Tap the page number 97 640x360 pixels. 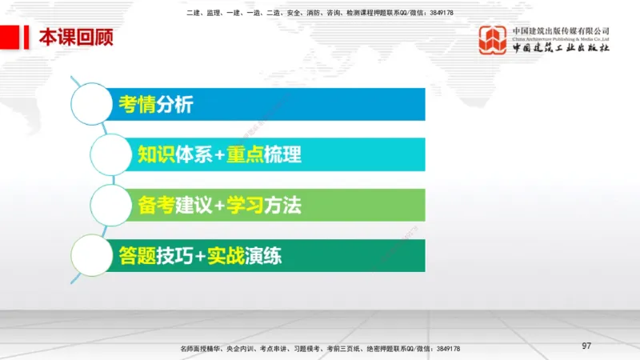tap(586, 345)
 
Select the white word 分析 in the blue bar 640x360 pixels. tap(174, 105)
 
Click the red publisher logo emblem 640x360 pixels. tap(493, 39)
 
